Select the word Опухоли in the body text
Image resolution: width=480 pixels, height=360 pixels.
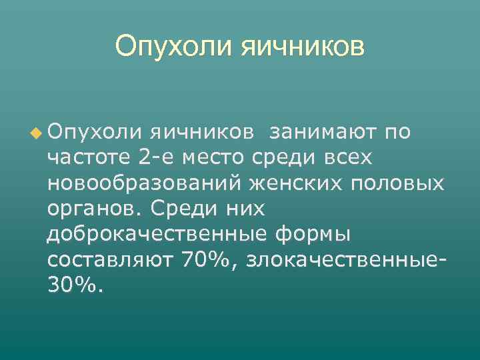(90, 133)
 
